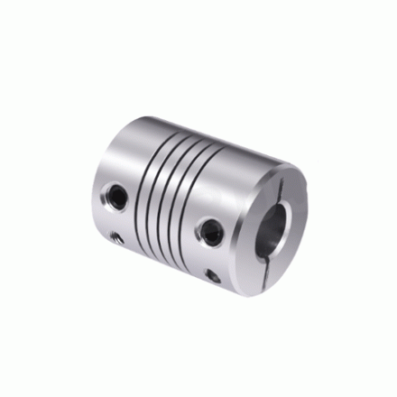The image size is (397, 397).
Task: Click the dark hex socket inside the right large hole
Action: (215, 231)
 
